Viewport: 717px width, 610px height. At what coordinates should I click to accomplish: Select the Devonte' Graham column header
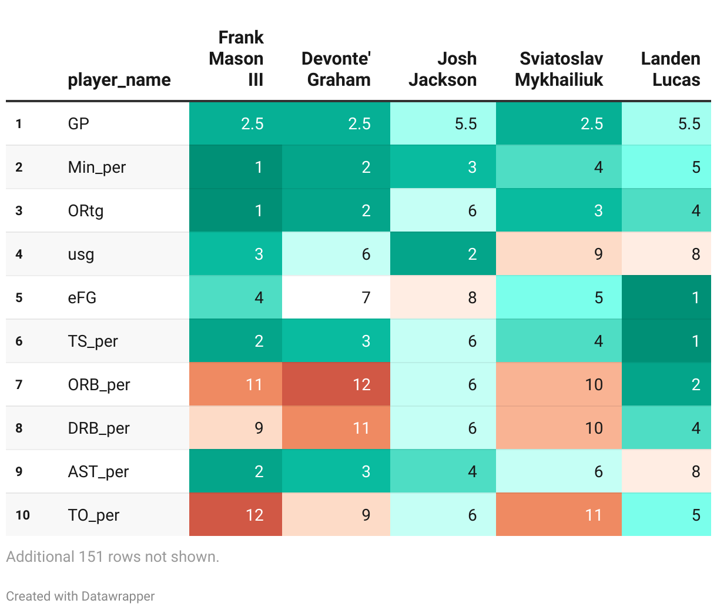[x=336, y=69]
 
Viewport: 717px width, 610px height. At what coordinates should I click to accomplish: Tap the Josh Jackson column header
[x=443, y=69]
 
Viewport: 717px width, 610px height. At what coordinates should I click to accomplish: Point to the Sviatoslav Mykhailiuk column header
[x=559, y=69]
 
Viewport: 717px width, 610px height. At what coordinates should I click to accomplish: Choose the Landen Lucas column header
[x=671, y=69]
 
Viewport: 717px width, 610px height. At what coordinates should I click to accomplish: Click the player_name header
[x=119, y=80]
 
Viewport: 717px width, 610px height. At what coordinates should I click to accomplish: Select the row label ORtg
[x=86, y=210]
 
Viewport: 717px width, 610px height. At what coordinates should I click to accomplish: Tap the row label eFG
[x=82, y=297]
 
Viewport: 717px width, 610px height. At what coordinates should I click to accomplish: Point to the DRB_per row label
[x=99, y=428]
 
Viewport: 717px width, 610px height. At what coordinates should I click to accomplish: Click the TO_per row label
[x=93, y=515]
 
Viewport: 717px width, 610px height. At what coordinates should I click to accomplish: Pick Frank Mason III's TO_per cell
[x=236, y=515]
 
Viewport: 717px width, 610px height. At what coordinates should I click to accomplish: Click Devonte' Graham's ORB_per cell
[x=336, y=384]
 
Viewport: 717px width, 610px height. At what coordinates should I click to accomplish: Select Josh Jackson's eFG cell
[x=443, y=297]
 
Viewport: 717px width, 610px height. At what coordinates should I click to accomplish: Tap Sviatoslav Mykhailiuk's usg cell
[x=559, y=254]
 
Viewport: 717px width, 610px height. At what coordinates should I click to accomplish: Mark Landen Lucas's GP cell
[x=666, y=123]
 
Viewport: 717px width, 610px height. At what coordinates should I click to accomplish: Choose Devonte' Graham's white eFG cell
[x=336, y=297]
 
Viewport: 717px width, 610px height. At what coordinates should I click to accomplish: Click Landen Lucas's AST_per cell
[x=666, y=471]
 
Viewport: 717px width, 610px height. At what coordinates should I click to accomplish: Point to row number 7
[x=19, y=384]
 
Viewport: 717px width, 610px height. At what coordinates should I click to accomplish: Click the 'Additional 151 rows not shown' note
[x=113, y=557]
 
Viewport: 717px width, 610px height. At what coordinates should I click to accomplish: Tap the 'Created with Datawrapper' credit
[x=81, y=596]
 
